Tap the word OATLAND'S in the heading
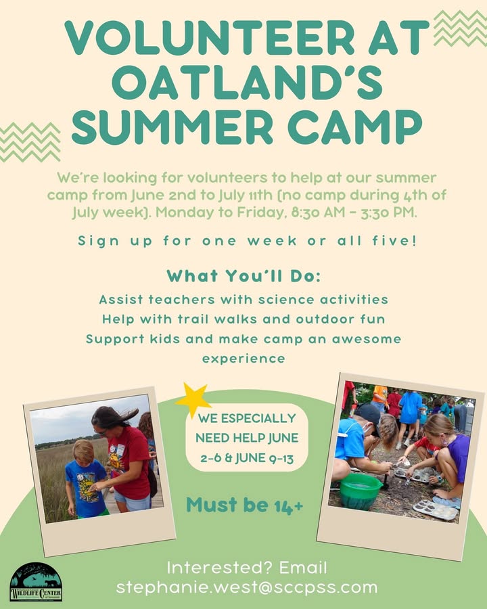point(248,83)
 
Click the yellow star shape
point(192,399)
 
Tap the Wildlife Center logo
point(36,582)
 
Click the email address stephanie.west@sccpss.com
point(247,587)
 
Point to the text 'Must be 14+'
point(245,505)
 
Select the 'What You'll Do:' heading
point(244,276)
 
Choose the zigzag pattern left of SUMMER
point(30,142)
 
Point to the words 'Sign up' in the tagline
point(115,241)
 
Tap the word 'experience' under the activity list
point(243,359)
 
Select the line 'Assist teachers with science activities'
point(243,300)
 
